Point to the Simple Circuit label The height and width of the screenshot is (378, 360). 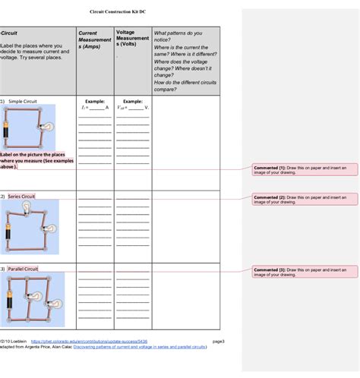tap(22, 101)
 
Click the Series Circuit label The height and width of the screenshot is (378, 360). tap(21, 197)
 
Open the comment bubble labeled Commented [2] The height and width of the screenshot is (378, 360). tap(300, 199)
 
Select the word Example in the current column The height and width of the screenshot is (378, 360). tap(94, 101)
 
